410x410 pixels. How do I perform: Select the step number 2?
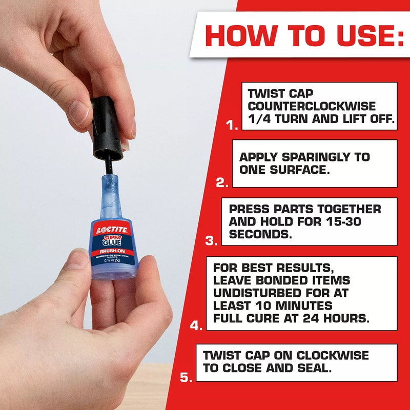point(222,181)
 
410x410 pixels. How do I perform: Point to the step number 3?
point(211,240)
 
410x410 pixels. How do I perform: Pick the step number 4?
point(196,325)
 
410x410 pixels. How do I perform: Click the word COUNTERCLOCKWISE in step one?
point(311,107)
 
